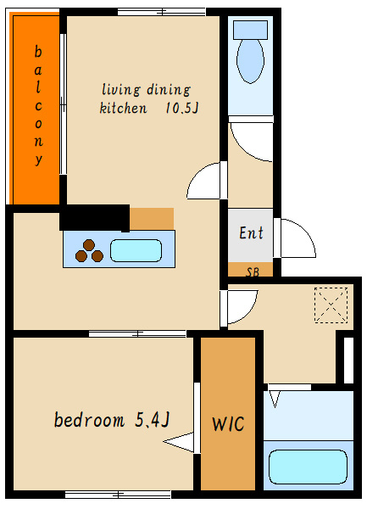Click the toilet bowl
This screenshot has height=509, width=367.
[250, 61]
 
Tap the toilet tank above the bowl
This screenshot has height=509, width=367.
[250, 30]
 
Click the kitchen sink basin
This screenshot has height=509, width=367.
[136, 250]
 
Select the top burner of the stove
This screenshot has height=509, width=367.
[89, 245]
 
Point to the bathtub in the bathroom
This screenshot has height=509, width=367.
[308, 467]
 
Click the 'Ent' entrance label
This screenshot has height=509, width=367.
[251, 233]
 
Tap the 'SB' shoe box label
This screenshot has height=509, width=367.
[253, 272]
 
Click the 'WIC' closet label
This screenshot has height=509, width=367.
[228, 423]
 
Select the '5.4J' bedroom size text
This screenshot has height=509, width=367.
[152, 420]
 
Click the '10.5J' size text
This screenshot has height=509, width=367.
[181, 108]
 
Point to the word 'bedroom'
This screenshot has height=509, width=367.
[89, 420]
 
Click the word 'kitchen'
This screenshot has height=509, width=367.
[123, 108]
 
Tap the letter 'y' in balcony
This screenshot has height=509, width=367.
[39, 159]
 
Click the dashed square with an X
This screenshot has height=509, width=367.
[331, 305]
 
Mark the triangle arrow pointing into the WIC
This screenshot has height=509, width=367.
[178, 442]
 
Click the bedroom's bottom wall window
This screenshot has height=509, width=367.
[118, 495]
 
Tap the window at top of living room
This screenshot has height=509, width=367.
[161, 12]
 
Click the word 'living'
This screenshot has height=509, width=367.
[121, 90]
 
